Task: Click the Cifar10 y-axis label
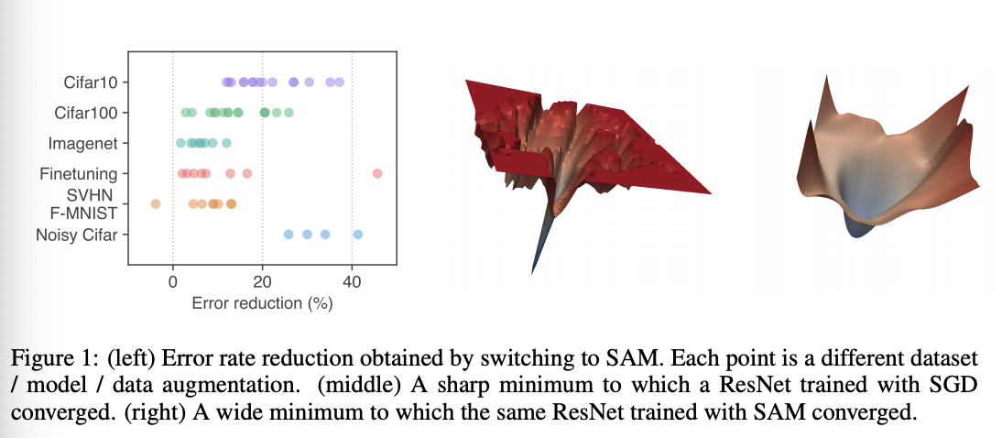91,82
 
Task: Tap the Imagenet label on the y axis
83,143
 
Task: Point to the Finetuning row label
79,174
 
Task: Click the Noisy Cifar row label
77,235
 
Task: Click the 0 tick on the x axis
172,281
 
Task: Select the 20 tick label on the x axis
263,281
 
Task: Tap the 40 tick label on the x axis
353,281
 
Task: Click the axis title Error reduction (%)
262,303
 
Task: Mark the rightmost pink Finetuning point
377,174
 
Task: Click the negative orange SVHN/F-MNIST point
156,204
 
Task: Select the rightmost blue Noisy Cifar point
358,235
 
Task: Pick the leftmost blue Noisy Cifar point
289,235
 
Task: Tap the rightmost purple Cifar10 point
339,82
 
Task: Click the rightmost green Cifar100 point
289,113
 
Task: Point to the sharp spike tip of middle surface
532,272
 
